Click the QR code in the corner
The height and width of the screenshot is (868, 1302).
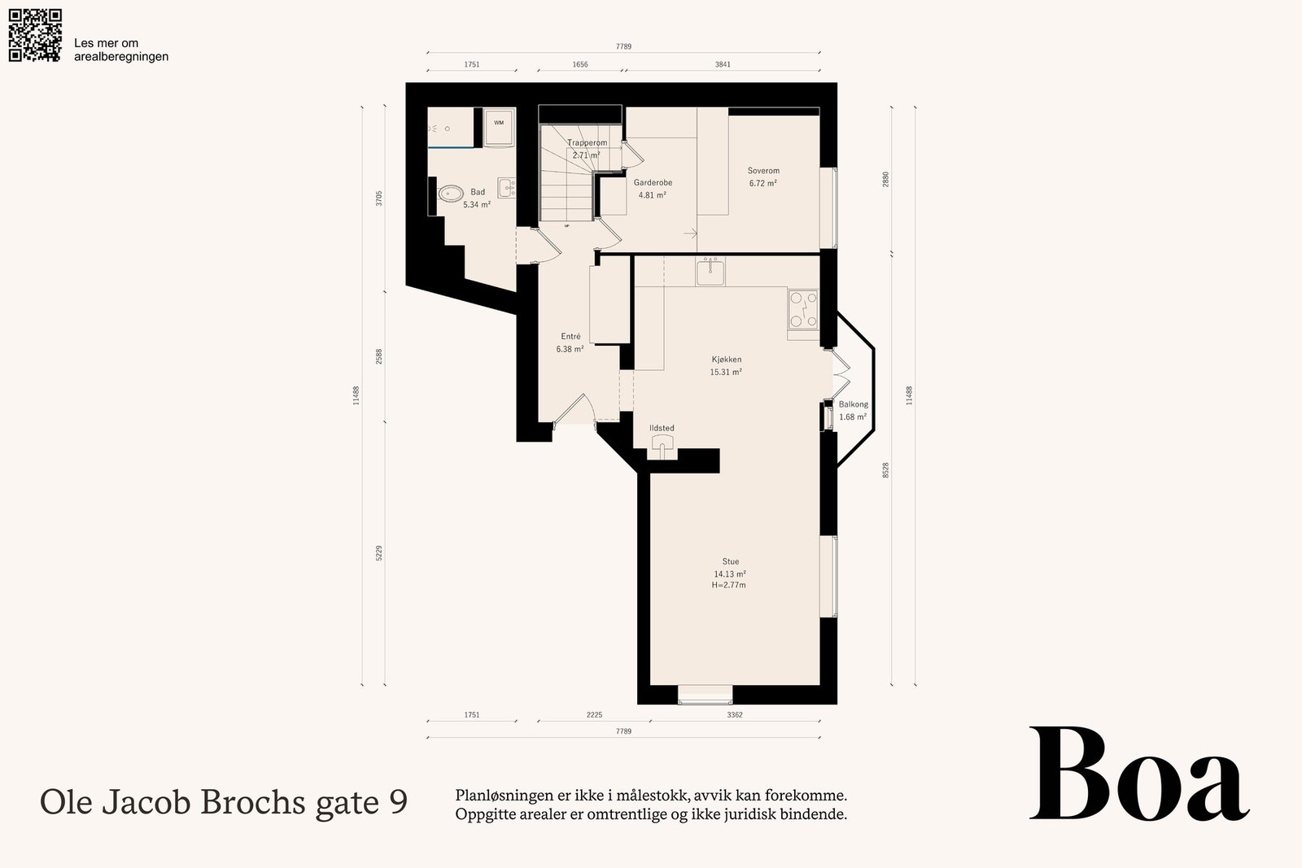[x=35, y=35]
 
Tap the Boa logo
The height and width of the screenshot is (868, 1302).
[x=1138, y=774]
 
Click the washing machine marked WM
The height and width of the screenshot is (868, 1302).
[x=500, y=128]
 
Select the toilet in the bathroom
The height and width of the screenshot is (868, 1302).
[x=451, y=193]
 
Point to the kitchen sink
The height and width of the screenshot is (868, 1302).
[x=710, y=272]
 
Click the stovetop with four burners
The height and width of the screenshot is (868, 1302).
[x=803, y=310]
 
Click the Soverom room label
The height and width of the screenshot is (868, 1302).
[x=763, y=171]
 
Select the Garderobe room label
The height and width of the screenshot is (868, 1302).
[x=653, y=182]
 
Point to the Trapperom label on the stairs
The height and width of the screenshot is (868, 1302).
[x=587, y=142]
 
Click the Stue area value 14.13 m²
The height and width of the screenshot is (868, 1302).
[x=730, y=574]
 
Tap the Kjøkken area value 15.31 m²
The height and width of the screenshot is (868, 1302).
[x=726, y=372]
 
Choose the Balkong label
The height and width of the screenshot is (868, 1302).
[x=854, y=404]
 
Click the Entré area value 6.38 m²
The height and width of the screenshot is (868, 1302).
[x=570, y=349]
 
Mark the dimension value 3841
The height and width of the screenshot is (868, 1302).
[x=723, y=64]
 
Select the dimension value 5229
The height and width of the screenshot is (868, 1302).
[x=379, y=553]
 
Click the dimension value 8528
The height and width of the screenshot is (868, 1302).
[x=886, y=470]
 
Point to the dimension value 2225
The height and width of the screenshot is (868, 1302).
[x=594, y=715]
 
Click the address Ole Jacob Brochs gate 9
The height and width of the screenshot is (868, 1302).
[x=224, y=802]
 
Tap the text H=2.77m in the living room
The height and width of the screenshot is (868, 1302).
[x=729, y=585]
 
